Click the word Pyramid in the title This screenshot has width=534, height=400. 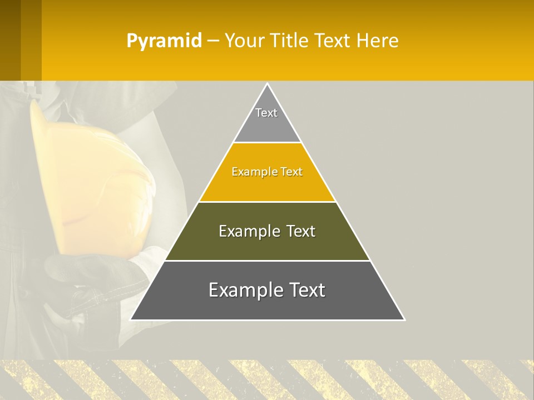[x=164, y=41]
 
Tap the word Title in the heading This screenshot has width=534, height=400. [x=291, y=41]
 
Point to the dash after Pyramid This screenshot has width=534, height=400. [x=213, y=41]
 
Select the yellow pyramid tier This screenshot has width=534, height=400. [x=267, y=183]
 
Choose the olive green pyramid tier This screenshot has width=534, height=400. [x=267, y=244]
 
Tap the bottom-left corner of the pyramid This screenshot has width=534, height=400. [x=131, y=319]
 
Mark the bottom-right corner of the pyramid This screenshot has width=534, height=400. [x=404, y=319]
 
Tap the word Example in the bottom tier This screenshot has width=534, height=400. [x=245, y=290]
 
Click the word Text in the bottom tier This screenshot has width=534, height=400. [x=306, y=290]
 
